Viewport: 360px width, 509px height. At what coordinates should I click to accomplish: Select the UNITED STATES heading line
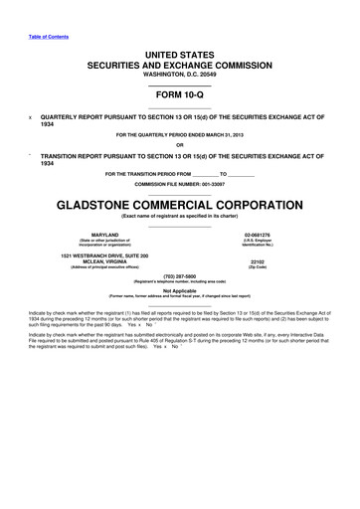point(180,50)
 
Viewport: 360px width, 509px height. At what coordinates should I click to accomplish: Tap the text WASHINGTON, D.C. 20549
point(180,73)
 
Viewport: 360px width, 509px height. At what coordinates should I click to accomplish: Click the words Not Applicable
point(180,292)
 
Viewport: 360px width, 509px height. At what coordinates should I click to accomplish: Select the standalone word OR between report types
point(180,147)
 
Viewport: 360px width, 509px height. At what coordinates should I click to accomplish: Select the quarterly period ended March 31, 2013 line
point(180,134)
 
